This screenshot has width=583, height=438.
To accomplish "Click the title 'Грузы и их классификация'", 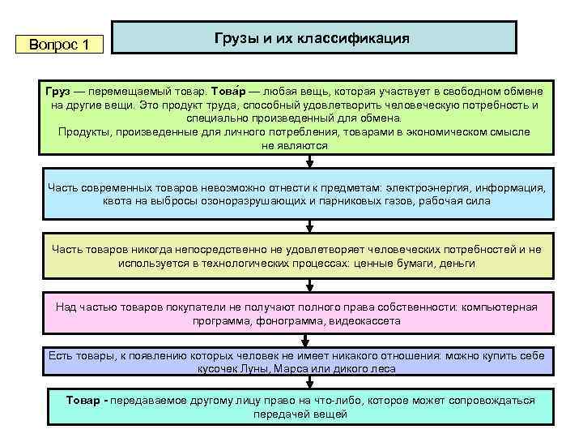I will pos(312,38).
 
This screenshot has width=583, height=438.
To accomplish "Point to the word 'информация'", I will pos(512,187).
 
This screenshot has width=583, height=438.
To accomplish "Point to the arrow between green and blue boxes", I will pos(308,161).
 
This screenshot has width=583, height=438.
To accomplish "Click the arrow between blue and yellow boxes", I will pos(308,225).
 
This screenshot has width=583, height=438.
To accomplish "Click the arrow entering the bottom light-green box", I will pos(308,382).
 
